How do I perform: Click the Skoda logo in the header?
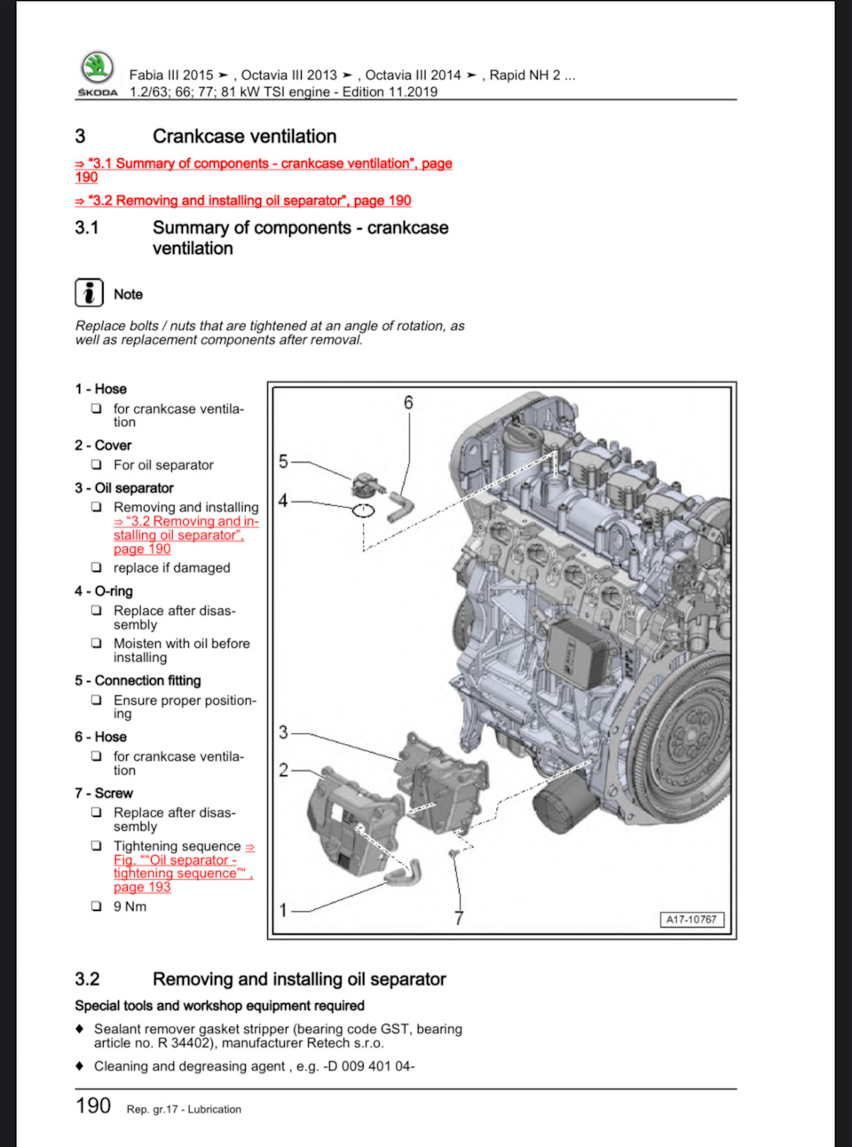coord(97,70)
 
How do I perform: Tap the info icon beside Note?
coord(89,293)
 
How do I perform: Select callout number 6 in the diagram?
coord(408,402)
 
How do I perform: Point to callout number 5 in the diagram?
coord(283,461)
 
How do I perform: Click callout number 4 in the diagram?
coord(283,501)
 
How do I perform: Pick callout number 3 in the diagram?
coord(283,732)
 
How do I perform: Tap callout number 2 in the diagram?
coord(283,770)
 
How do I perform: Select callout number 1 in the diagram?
coord(283,910)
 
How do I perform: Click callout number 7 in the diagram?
coord(459,918)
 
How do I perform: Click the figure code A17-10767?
coord(691,920)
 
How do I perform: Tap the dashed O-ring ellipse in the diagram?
coord(364,510)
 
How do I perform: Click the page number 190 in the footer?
coord(93,1106)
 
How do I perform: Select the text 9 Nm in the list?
coord(130,906)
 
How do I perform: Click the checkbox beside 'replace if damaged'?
coord(96,567)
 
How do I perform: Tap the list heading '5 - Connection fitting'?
coord(138,681)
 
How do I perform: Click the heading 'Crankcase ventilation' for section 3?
coord(244,136)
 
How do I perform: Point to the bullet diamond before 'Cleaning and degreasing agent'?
coord(80,1065)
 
